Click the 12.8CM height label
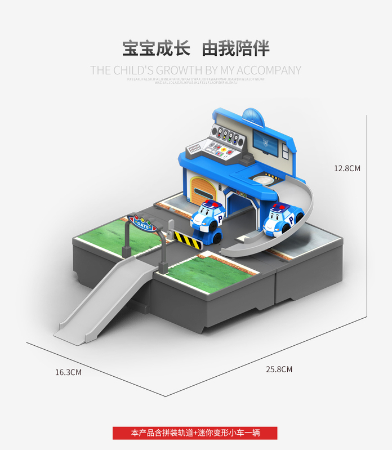pos(346,168)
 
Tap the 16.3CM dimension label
pos(68,372)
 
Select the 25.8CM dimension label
pos(279,369)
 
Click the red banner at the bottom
pos(195,433)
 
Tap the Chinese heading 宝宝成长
pos(156,49)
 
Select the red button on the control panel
pos(228,151)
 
